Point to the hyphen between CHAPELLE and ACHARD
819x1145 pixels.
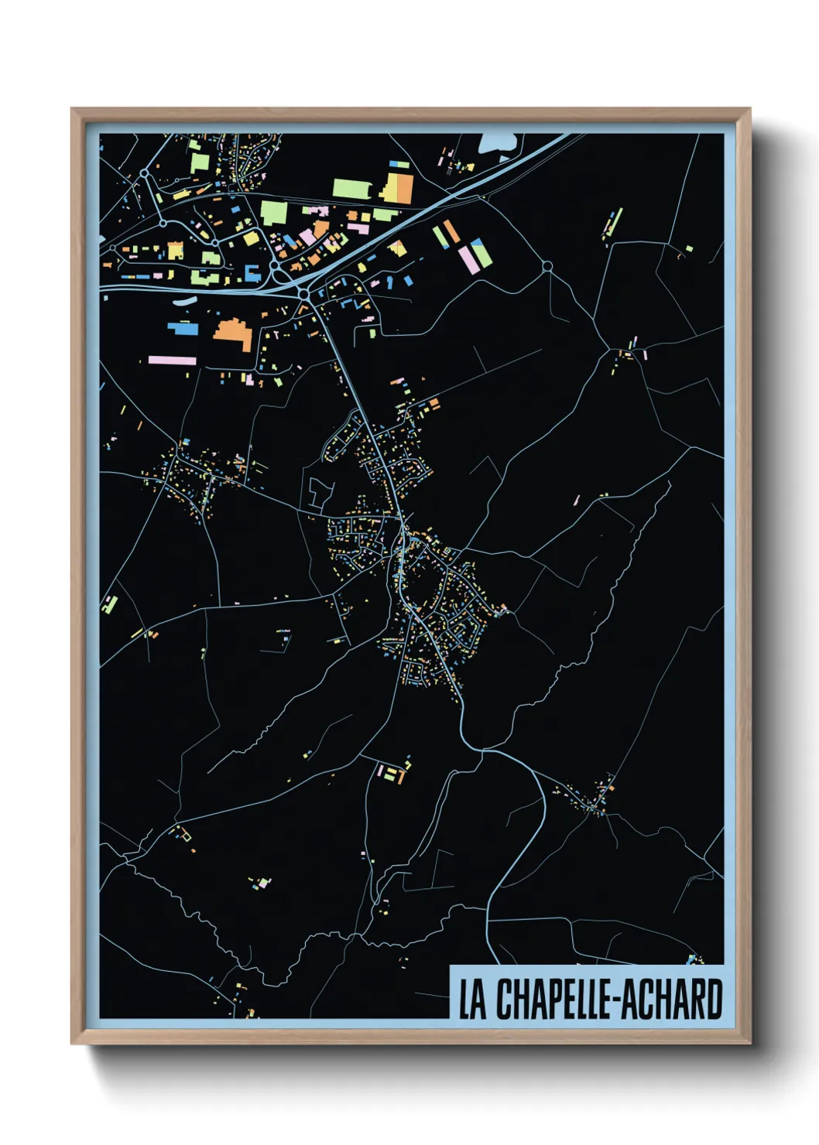click(616, 1000)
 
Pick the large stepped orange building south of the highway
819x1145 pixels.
click(233, 333)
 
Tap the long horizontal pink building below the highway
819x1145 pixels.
click(173, 360)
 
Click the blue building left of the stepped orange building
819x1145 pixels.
click(184, 328)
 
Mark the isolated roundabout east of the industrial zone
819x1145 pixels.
click(547, 266)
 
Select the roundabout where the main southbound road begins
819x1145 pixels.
click(304, 294)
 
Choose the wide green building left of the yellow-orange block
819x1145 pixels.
click(351, 188)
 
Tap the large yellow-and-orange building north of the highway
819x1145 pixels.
click(399, 187)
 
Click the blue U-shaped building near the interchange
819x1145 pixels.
click(252, 272)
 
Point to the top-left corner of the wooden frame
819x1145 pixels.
click(72, 109)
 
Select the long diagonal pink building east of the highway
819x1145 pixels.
click(470, 259)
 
